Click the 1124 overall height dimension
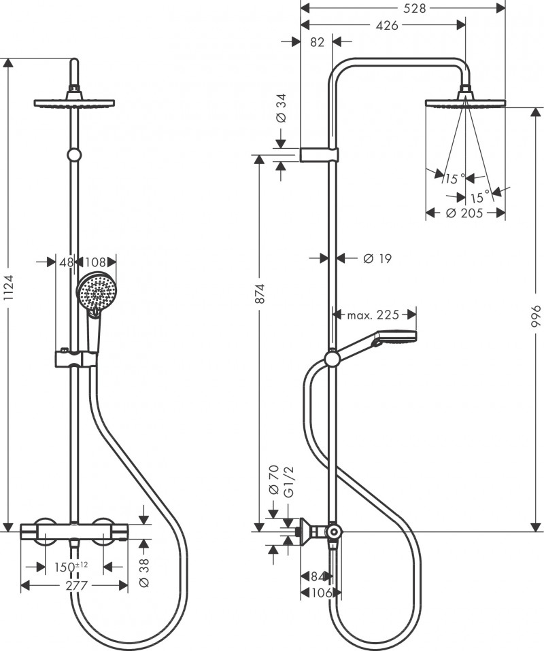tap(8, 293)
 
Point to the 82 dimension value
tap(316, 42)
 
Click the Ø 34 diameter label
tap(281, 108)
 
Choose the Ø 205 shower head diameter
tap(464, 213)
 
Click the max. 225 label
tap(372, 315)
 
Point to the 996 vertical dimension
tap(537, 317)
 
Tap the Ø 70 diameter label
tap(273, 482)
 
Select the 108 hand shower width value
tap(96, 261)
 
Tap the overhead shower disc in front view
tap(74, 103)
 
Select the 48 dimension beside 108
tap(67, 261)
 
